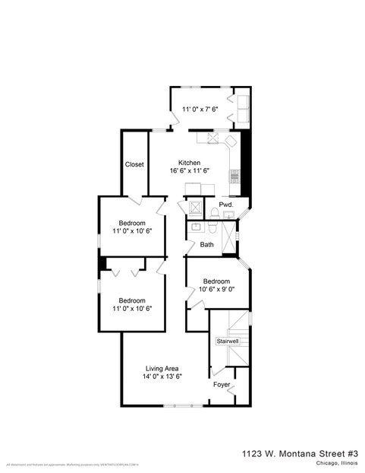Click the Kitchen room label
(189, 163)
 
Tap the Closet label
(134, 164)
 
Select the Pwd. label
(225, 205)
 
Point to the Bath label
(207, 245)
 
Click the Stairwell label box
(228, 341)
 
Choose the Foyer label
(222, 385)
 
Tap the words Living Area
(162, 369)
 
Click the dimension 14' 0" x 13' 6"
(162, 376)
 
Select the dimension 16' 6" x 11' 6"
(189, 171)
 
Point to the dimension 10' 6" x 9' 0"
(216, 289)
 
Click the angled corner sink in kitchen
(215, 138)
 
